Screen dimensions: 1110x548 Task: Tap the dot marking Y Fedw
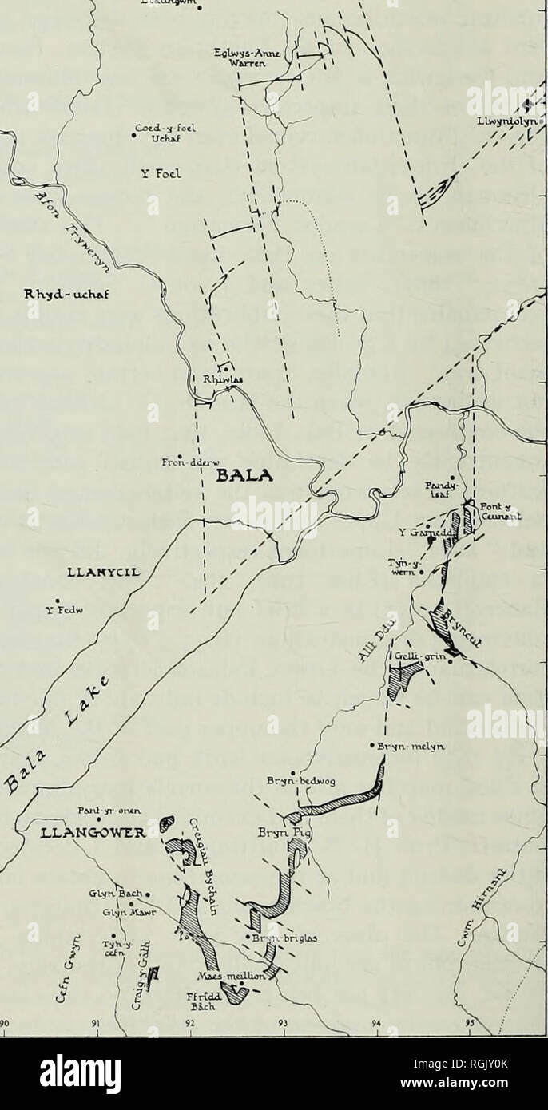coord(57,602)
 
